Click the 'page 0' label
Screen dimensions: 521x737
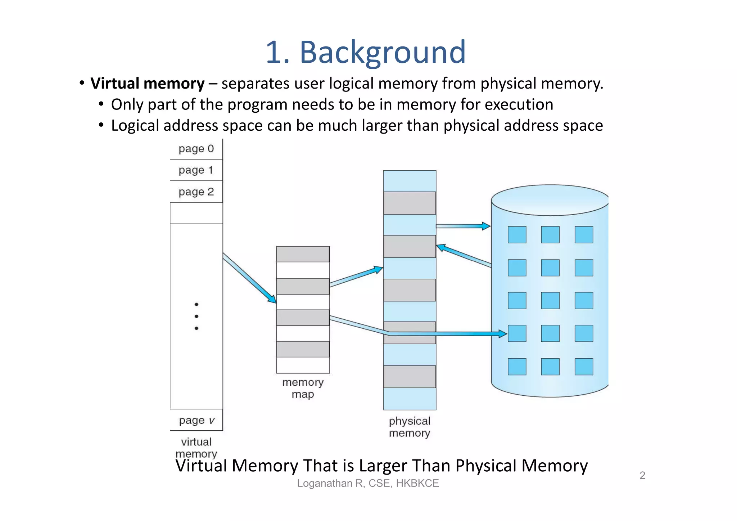pos(196,149)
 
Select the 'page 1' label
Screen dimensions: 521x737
pos(196,170)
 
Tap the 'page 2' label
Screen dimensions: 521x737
pos(196,192)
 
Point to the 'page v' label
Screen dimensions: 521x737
pos(196,420)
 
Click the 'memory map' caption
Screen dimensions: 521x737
pos(303,388)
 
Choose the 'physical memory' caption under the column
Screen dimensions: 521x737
pos(410,427)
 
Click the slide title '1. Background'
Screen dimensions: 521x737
pos(366,52)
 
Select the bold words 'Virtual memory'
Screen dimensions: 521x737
pos(148,84)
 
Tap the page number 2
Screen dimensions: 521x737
pos(642,475)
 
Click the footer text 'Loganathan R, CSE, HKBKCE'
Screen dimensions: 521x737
pos(368,483)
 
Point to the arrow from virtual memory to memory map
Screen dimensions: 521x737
pos(249,278)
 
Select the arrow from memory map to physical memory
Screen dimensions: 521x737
pos(356,277)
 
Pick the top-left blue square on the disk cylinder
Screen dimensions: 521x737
pos(517,235)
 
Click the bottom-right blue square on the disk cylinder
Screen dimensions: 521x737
pos(584,367)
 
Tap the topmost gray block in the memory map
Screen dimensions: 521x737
pos(303,254)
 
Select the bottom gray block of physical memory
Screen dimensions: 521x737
pos(410,377)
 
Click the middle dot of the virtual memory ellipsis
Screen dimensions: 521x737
pos(196,316)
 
